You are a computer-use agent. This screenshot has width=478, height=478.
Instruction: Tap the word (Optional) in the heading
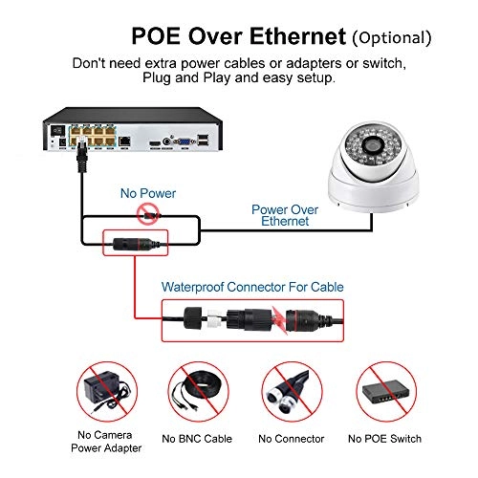pyautogui.click(x=391, y=39)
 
